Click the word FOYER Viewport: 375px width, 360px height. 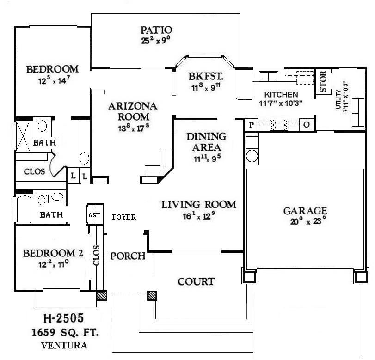click(124, 217)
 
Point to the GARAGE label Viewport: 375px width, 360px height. click(305, 211)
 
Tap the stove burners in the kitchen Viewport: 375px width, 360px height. click(279, 124)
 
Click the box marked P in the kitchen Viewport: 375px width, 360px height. click(252, 125)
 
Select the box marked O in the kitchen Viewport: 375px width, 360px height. click(307, 125)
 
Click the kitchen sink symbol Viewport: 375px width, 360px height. click(267, 76)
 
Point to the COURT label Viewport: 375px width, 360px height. click(197, 281)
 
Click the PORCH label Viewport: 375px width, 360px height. click(128, 256)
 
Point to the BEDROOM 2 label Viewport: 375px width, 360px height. click(53, 253)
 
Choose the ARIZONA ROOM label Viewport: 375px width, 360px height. click(133, 111)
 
